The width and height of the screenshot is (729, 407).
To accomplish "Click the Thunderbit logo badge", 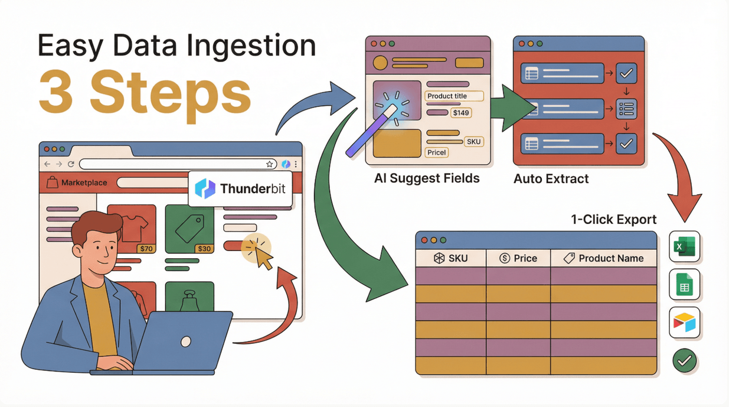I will click(240, 189).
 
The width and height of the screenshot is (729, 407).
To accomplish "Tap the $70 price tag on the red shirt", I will click(146, 249).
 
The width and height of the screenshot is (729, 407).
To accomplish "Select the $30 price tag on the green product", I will click(204, 249).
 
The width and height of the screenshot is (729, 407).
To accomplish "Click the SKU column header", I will click(451, 258).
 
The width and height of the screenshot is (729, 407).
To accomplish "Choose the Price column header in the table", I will click(518, 258).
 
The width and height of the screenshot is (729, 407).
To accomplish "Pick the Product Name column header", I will click(603, 258).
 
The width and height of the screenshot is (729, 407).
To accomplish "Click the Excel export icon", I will click(685, 246).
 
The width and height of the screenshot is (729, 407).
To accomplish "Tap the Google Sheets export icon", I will click(685, 285).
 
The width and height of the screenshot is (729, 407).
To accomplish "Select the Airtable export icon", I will click(685, 323).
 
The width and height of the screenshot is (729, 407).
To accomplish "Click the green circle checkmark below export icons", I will click(685, 360).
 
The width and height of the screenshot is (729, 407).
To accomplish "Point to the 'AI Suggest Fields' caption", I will click(427, 178).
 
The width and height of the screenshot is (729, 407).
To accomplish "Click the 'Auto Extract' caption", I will click(551, 178).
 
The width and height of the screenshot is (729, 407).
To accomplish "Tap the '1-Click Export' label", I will click(613, 219).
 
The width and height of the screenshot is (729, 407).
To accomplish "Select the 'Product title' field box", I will click(454, 96).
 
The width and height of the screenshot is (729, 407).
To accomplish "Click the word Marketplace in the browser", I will click(84, 183).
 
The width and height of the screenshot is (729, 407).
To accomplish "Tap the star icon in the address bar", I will click(270, 164).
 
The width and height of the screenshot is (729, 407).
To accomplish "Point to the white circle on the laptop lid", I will click(185, 341).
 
